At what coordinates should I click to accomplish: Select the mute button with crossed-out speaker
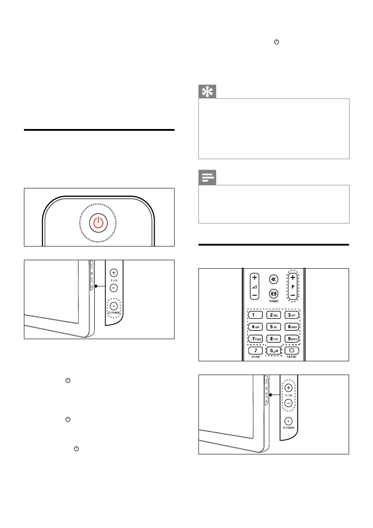point(273,280)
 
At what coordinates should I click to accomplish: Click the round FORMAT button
point(273,293)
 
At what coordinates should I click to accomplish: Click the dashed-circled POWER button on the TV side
point(114,306)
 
